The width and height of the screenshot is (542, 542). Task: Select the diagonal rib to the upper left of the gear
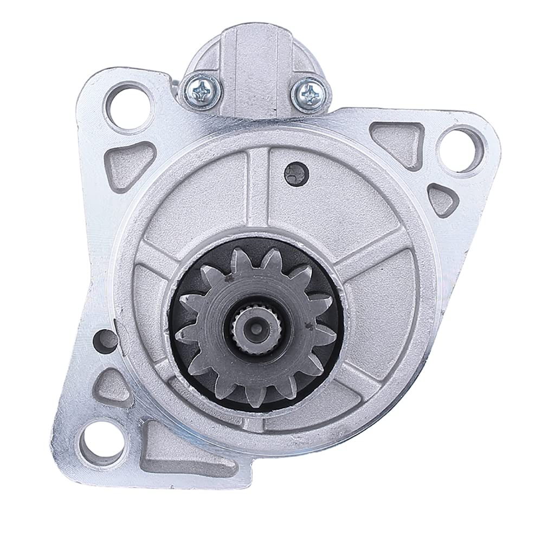pyautogui.click(x=165, y=247)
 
